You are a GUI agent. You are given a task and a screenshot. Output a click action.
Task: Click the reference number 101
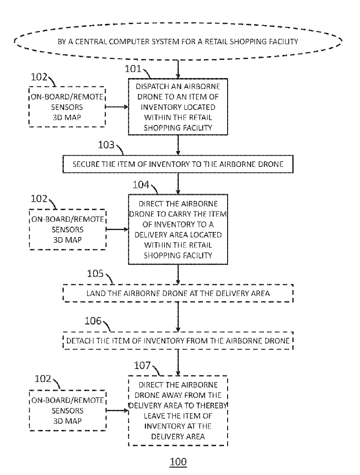coord(133,69)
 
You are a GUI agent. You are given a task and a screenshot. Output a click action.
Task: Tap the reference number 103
coord(106,145)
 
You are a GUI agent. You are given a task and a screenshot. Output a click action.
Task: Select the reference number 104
coord(141,185)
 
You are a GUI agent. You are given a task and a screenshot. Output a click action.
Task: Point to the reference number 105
coord(95,274)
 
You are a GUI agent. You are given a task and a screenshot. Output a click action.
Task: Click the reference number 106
coord(93,321)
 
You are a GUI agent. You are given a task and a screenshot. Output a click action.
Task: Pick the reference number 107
coord(142,366)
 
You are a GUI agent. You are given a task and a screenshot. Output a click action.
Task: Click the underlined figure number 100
coord(178,462)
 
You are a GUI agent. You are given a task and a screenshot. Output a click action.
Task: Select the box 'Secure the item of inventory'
coord(178,164)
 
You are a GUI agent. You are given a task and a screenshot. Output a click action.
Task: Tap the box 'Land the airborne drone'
coord(178,293)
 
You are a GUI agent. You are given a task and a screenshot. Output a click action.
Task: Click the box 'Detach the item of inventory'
coord(178,341)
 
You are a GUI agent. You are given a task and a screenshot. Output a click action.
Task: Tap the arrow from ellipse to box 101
coord(178,69)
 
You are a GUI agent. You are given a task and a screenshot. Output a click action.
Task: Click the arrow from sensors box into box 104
coord(117,230)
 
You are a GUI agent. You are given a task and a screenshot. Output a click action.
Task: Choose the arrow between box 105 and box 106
coord(178,317)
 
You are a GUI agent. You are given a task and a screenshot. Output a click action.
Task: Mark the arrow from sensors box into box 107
coord(117,411)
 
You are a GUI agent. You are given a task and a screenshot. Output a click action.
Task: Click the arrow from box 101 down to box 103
coord(178,145)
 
